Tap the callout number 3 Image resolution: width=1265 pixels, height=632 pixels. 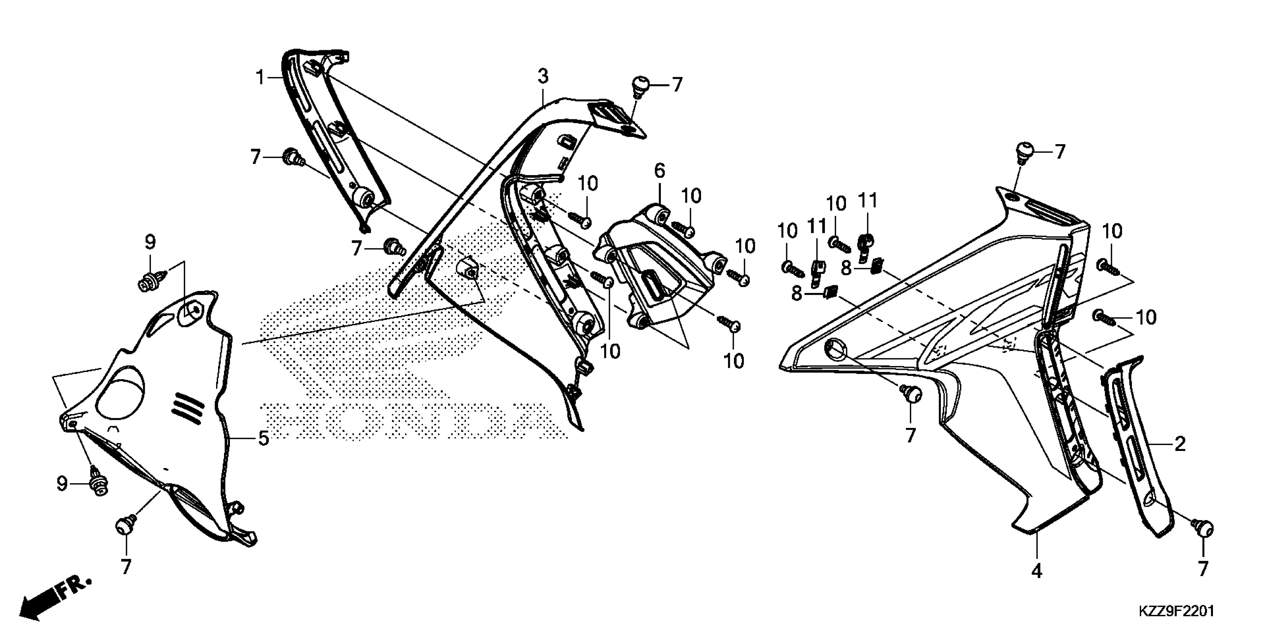pyautogui.click(x=542, y=77)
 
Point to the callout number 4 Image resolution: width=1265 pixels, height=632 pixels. pyautogui.click(x=1037, y=570)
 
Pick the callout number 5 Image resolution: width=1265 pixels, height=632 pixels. pyautogui.click(x=264, y=438)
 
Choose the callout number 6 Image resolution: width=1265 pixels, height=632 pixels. pyautogui.click(x=660, y=171)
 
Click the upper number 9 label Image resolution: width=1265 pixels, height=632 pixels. pyautogui.click(x=150, y=242)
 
